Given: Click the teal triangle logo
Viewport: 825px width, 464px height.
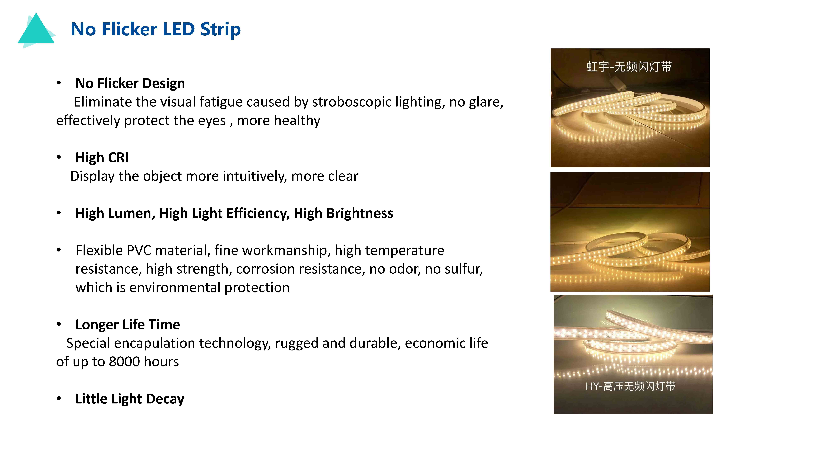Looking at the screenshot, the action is point(36,30).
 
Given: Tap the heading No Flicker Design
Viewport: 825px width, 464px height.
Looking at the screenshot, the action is point(130,83).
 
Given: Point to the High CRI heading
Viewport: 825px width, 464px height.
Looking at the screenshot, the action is point(102,158).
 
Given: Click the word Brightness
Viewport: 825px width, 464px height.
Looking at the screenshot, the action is point(360,213).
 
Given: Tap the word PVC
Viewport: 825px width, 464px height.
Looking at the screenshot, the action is point(139,250).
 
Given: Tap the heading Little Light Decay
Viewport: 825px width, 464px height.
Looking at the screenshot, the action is point(130,399).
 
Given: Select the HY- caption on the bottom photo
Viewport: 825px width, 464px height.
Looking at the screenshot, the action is point(630,386).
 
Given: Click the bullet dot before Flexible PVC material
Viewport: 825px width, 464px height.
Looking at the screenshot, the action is point(59,250).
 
